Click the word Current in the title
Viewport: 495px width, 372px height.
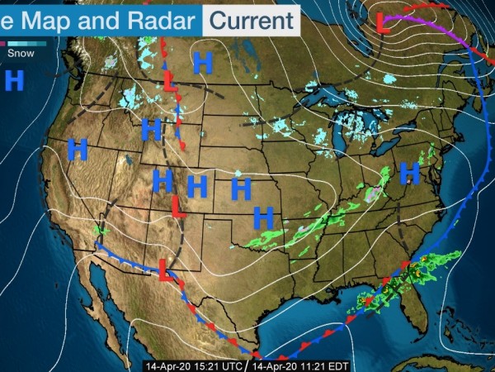[x=251, y=18]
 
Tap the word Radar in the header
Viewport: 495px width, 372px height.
[x=156, y=18]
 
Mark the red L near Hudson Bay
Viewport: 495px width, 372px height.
[x=383, y=23]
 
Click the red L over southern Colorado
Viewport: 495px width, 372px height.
[x=177, y=204]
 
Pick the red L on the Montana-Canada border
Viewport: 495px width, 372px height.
[x=170, y=82]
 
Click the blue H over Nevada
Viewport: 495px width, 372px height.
[x=78, y=150]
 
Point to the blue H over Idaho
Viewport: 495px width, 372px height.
[x=150, y=130]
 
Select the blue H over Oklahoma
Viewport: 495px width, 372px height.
[x=263, y=217]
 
